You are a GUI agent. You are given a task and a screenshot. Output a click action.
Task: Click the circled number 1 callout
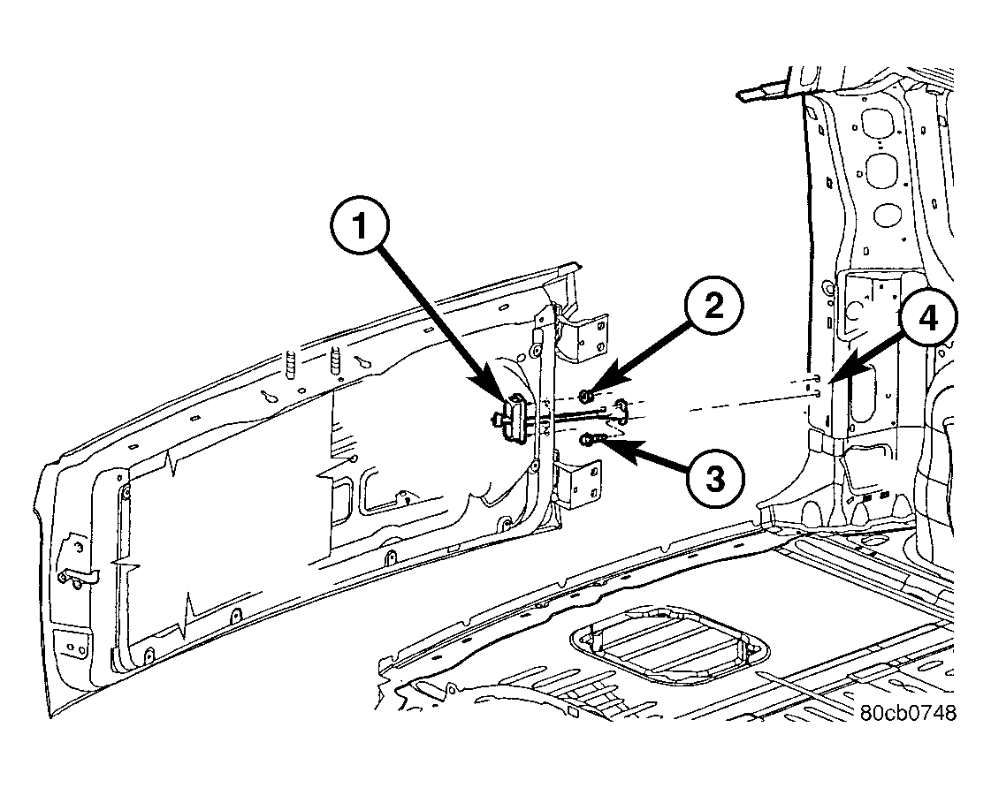pyautogui.click(x=361, y=226)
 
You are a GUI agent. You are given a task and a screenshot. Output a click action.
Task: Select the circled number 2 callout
pyautogui.click(x=713, y=307)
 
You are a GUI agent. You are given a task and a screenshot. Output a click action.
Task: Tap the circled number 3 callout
pyautogui.click(x=715, y=478)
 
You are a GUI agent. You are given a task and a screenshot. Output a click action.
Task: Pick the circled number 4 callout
pyautogui.click(x=928, y=319)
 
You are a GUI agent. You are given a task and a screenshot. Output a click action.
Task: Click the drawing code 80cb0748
pyautogui.click(x=908, y=713)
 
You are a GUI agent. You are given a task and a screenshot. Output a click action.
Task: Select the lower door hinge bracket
pyautogui.click(x=577, y=484)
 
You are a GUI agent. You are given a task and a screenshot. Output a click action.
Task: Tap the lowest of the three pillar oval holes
pyautogui.click(x=888, y=215)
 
